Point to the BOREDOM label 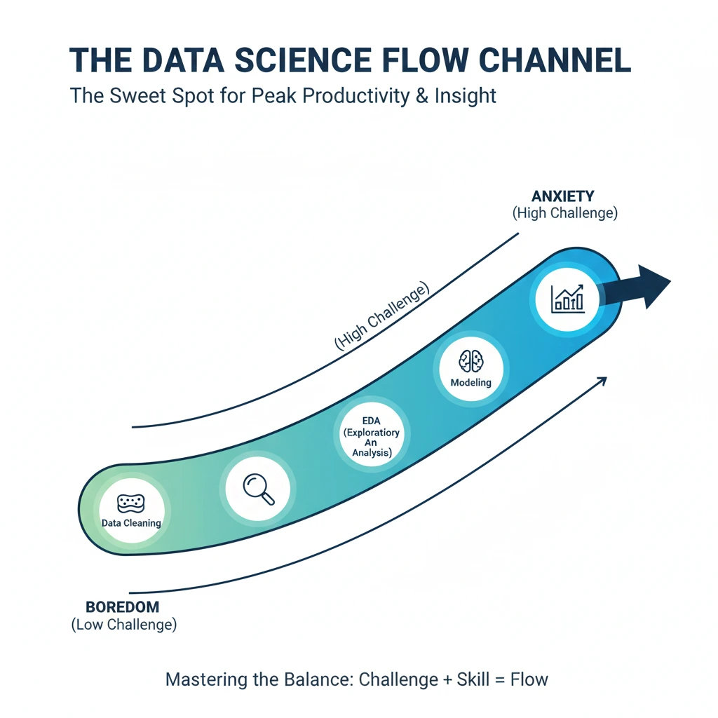(x=122, y=607)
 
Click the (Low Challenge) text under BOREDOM (x=124, y=624)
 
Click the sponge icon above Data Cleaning (x=131, y=503)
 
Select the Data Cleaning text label (x=131, y=523)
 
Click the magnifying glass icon (x=259, y=487)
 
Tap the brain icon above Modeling (x=470, y=362)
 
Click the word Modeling (x=470, y=383)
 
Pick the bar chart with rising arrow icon (x=567, y=298)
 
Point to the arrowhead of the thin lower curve (x=601, y=380)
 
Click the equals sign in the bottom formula (x=496, y=679)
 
